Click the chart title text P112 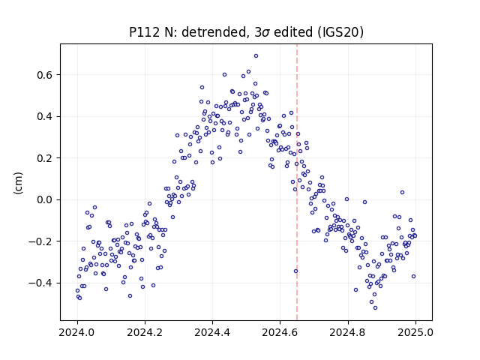(x=144, y=32)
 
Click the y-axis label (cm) (x=18, y=183)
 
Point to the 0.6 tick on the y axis (x=45, y=75)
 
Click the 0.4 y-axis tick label (x=45, y=117)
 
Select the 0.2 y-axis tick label (x=45, y=158)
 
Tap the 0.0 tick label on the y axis (x=45, y=200)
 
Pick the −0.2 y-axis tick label (x=40, y=241)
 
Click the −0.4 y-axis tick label (x=40, y=283)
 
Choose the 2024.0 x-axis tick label (x=77, y=332)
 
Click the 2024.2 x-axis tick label (x=145, y=332)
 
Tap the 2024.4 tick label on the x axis (x=212, y=332)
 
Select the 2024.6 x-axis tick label (x=280, y=332)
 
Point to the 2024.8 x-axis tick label (x=348, y=332)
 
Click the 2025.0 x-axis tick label (x=415, y=332)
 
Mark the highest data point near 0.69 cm (x=256, y=56)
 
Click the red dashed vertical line (x=297, y=182)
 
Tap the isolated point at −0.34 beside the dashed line (x=295, y=271)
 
